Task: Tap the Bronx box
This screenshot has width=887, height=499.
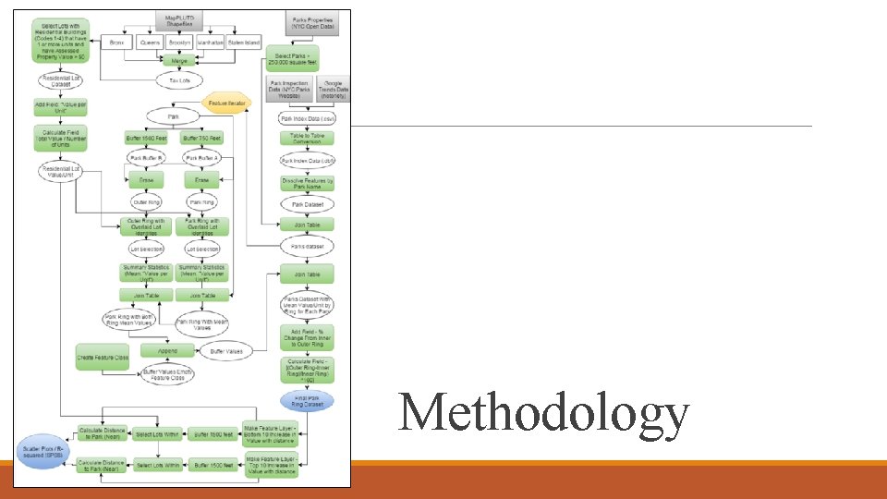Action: pos(115,43)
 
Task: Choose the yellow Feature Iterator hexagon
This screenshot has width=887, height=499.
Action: pos(226,103)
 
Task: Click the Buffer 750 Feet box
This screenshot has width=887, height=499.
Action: pos(202,139)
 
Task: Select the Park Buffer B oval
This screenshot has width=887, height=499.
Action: pos(146,159)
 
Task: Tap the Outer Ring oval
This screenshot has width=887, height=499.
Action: pos(146,201)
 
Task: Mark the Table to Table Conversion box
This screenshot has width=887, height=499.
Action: pos(307,139)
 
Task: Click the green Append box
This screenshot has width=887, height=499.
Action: pos(166,351)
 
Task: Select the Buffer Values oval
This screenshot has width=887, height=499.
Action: pos(226,351)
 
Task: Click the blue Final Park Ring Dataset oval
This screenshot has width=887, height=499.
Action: pos(307,402)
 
